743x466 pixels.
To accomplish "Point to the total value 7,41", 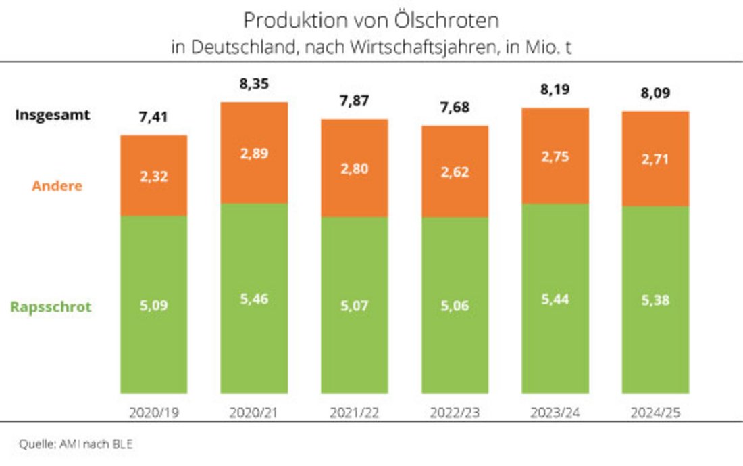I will [x=154, y=117].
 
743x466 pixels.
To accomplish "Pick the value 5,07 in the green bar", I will [x=355, y=305].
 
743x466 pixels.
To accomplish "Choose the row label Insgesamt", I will [x=52, y=115].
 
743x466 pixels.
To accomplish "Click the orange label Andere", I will [x=57, y=185].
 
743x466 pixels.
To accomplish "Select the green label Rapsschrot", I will [x=51, y=307].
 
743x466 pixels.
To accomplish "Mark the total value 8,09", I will [x=655, y=93].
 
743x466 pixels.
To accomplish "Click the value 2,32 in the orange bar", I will [x=154, y=177].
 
